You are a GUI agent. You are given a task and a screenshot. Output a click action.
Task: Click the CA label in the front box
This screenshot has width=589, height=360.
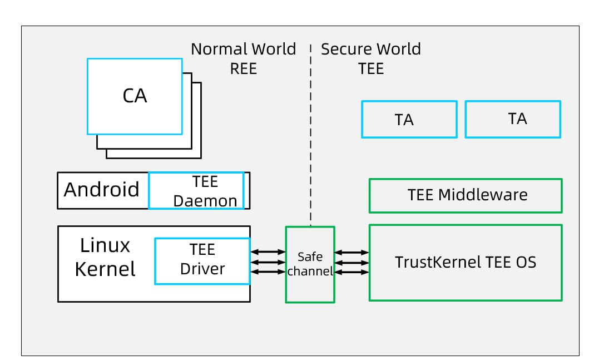[x=135, y=96]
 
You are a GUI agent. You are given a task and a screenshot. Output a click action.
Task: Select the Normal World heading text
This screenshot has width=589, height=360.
[x=243, y=49]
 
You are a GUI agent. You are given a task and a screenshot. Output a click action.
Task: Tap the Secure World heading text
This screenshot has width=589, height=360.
[x=371, y=49]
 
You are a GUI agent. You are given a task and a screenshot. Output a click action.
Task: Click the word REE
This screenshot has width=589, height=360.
[x=244, y=68]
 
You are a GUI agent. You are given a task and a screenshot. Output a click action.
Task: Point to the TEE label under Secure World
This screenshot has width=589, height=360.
[x=371, y=68]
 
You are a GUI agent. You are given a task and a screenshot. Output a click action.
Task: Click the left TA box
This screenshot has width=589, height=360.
[x=409, y=119]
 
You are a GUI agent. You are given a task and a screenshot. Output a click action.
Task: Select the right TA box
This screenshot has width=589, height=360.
[x=512, y=119]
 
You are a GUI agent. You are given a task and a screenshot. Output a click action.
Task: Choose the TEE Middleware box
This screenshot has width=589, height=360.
[x=466, y=195]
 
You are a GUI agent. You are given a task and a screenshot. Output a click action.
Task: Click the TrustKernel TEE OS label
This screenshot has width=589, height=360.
[x=466, y=262]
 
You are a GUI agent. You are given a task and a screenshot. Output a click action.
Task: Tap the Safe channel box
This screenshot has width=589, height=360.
[x=310, y=264]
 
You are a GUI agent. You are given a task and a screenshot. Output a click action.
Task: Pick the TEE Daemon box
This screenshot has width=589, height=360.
[x=196, y=190]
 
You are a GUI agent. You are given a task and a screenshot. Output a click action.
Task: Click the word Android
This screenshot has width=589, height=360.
[x=102, y=190]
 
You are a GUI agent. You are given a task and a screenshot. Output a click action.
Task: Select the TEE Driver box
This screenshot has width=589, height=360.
[x=202, y=261]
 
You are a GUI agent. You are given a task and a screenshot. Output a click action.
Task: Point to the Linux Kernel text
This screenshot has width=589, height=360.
[x=105, y=257]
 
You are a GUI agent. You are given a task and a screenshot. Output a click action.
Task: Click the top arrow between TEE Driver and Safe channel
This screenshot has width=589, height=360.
[x=268, y=252]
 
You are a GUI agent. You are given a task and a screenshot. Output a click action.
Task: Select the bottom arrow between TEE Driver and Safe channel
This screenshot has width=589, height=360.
[x=268, y=272]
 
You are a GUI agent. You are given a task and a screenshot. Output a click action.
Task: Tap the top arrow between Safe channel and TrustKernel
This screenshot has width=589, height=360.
[x=352, y=252]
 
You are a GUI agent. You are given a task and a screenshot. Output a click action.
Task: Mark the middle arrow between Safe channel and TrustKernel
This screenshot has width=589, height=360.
[x=352, y=262]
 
